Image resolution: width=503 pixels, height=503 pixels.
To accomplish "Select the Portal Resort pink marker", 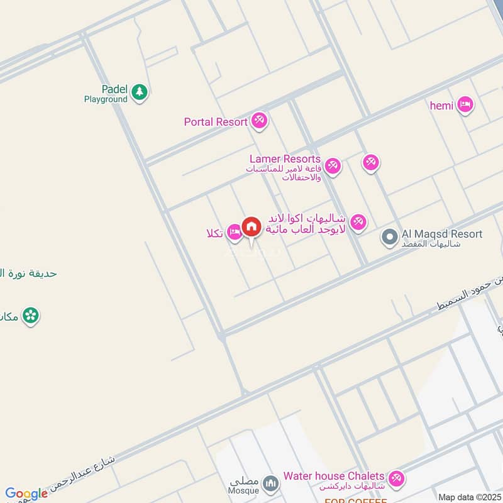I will (x=259, y=119).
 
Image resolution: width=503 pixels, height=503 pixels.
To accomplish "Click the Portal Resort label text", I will (x=216, y=122).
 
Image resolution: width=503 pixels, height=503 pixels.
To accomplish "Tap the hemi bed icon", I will (x=465, y=104).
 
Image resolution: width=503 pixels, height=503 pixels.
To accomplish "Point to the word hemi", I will (x=441, y=106).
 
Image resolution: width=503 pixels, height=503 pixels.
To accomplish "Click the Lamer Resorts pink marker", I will (x=333, y=165).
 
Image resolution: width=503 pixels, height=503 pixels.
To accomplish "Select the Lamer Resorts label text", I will (x=285, y=160).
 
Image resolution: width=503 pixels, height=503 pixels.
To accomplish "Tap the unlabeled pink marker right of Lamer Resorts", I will (x=370, y=163).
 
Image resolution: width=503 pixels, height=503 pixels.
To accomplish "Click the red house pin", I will (x=251, y=227).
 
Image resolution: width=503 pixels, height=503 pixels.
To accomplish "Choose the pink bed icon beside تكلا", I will (x=234, y=232).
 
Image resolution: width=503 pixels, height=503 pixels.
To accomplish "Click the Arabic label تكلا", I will (x=214, y=233).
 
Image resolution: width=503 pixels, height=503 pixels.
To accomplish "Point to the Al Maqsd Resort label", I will (x=442, y=235).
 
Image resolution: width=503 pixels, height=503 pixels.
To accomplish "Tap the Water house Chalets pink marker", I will (x=395, y=479).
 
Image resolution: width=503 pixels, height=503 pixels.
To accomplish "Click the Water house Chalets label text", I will (x=334, y=477).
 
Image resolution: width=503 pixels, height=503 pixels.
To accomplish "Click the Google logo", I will (x=26, y=494).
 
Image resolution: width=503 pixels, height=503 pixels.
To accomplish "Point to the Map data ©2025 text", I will (x=468, y=497).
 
